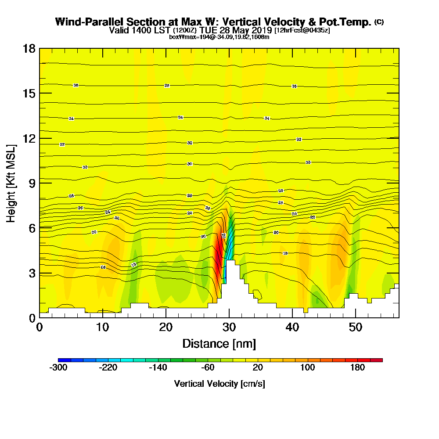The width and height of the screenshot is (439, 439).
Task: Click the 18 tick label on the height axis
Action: click(29, 48)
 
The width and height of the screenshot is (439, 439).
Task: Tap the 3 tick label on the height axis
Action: click(32, 273)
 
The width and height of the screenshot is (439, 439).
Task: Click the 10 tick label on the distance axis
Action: click(103, 327)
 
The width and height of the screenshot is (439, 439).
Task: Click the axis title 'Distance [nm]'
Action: click(219, 343)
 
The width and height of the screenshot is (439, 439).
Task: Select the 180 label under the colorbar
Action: click(357, 368)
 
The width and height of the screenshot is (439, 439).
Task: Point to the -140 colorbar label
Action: click(158, 368)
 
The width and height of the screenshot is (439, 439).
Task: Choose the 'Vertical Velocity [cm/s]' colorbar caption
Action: click(219, 384)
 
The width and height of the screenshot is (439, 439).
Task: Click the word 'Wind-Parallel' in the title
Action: click(86, 22)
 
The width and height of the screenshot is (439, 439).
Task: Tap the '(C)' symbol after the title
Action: click(379, 22)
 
